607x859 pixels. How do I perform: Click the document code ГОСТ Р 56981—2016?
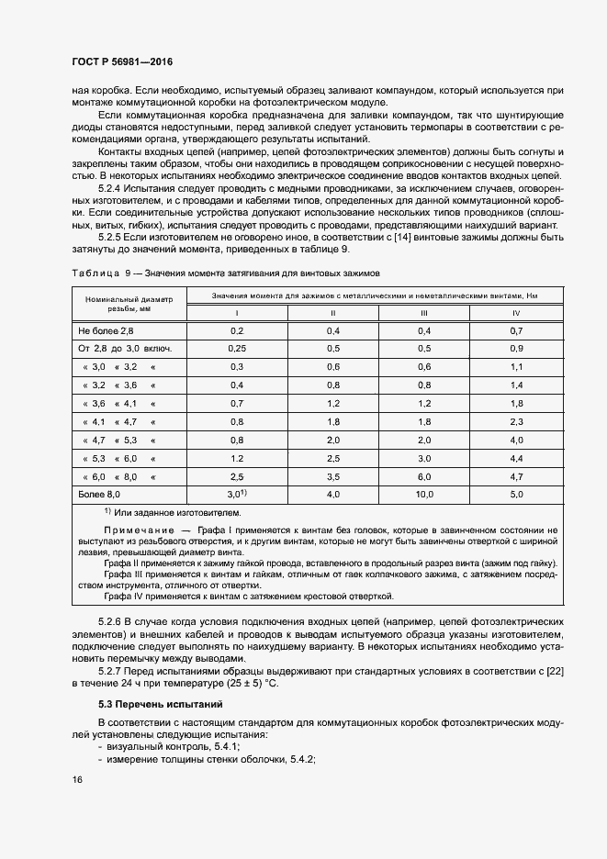click(121, 62)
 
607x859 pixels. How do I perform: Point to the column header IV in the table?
click(516, 313)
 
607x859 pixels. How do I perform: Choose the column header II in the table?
click(332, 313)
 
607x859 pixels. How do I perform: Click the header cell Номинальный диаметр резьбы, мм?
click(129, 304)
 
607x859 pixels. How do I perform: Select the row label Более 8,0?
click(99, 495)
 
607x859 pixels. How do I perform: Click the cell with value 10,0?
click(424, 495)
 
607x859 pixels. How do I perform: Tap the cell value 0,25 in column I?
click(237, 349)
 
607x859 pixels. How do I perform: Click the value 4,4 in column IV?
click(516, 458)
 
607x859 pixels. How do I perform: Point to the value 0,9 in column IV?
click(516, 349)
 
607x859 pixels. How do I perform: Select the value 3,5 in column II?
click(332, 476)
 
